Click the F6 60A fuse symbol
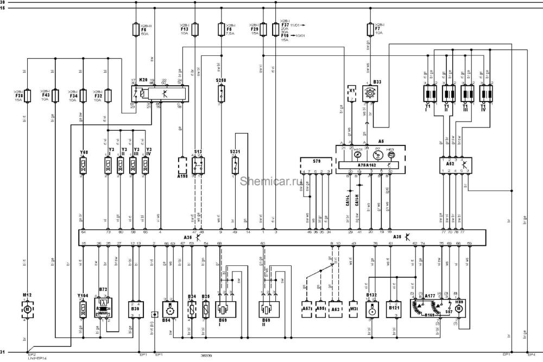click(136, 29)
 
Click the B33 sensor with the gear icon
click(371, 93)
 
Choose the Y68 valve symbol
click(84, 167)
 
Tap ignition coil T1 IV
click(485, 93)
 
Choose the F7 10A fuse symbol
click(371, 29)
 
